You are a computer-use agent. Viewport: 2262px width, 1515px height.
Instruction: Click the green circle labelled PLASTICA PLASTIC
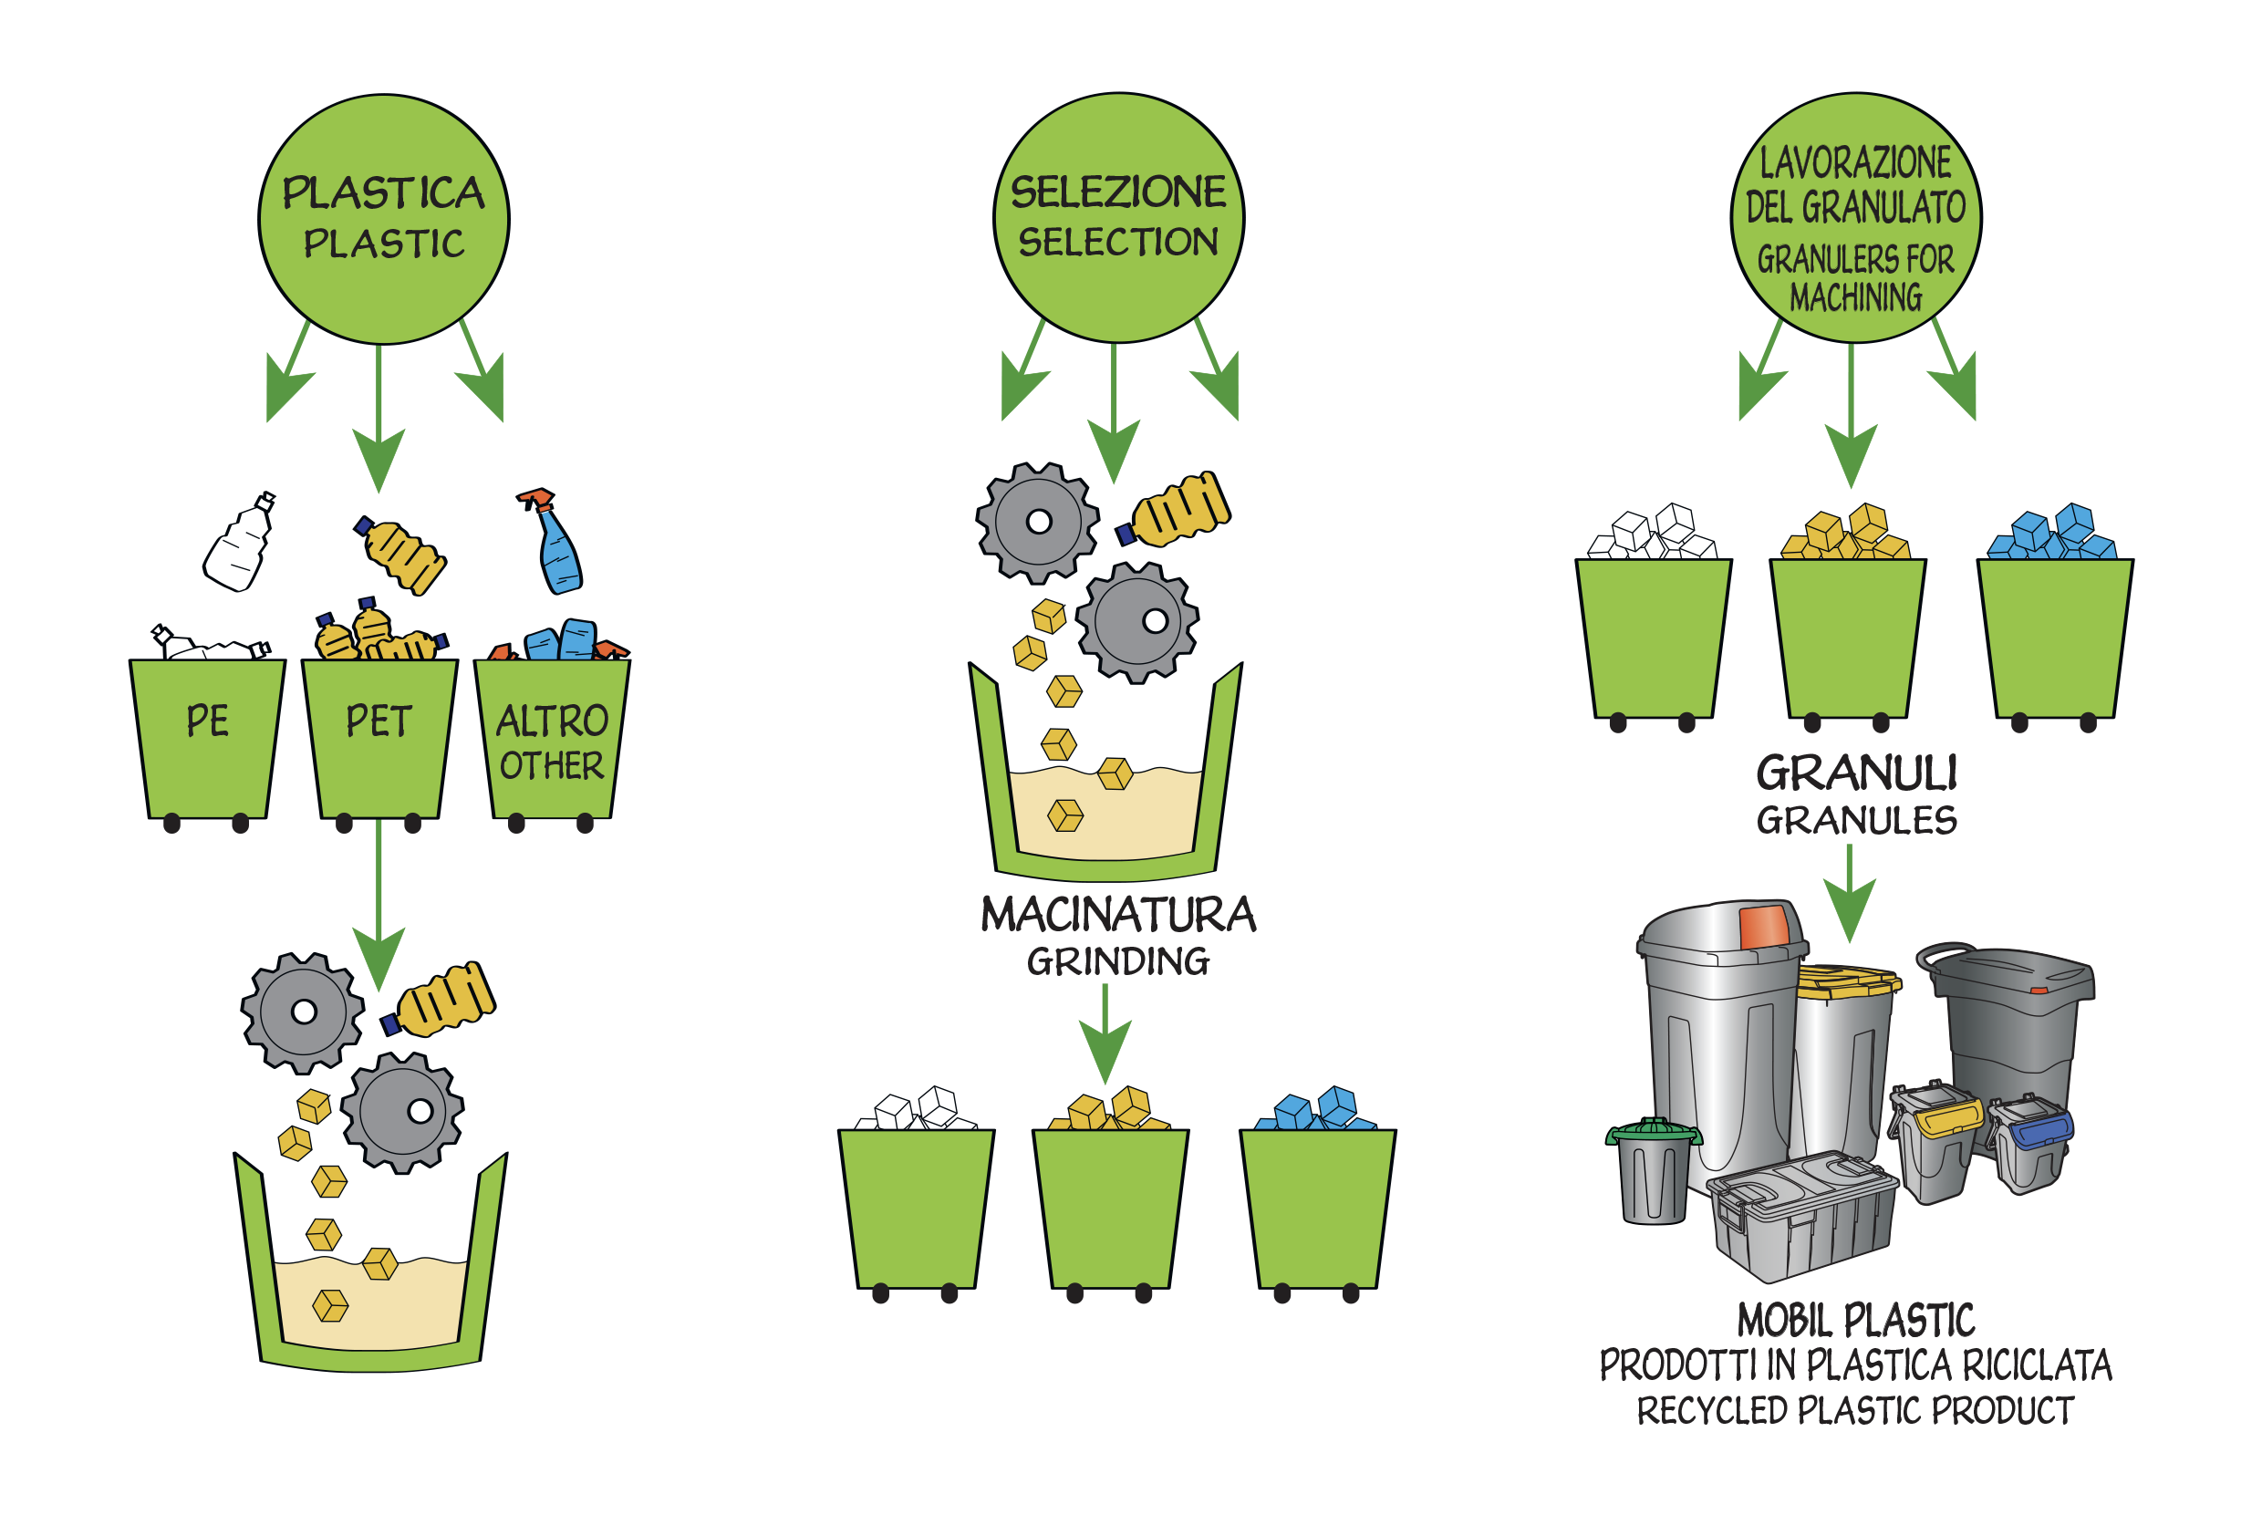pyautogui.click(x=384, y=219)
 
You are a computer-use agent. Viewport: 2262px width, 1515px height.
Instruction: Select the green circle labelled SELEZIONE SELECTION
pyautogui.click(x=1118, y=217)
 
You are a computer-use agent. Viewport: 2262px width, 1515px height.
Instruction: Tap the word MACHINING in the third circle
pyautogui.click(x=1855, y=296)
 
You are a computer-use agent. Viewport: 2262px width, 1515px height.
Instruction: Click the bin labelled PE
pyautogui.click(x=208, y=739)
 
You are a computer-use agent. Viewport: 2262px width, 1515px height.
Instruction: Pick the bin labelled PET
pyautogui.click(x=379, y=739)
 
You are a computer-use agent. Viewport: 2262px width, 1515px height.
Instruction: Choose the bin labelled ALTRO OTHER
pyautogui.click(x=551, y=739)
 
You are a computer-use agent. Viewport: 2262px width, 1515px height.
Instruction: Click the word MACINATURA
pyautogui.click(x=1118, y=915)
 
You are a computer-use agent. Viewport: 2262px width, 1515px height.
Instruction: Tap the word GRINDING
pyautogui.click(x=1118, y=962)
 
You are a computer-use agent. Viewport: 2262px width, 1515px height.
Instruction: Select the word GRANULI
pyautogui.click(x=1855, y=773)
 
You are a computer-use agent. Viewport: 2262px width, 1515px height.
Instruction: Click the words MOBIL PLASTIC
pyautogui.click(x=1855, y=1320)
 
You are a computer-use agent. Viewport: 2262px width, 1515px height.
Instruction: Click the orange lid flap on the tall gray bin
pyautogui.click(x=1763, y=927)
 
